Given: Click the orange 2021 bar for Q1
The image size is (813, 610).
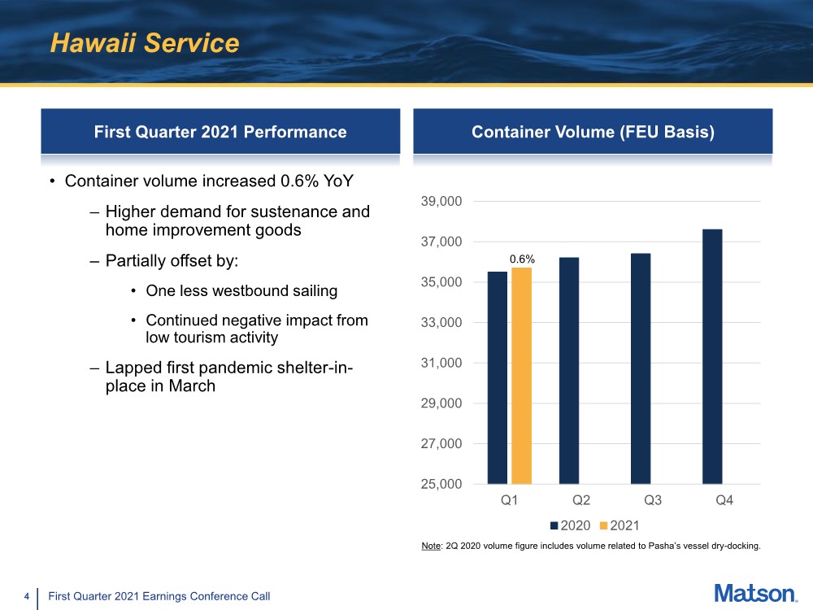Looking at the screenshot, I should [x=521, y=376].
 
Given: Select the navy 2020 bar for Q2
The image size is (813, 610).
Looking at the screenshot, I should [x=569, y=371].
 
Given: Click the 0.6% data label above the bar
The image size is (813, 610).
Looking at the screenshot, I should [x=522, y=259].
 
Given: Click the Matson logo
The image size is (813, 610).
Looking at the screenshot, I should [x=756, y=594].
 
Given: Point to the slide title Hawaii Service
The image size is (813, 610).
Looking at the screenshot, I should [x=145, y=43].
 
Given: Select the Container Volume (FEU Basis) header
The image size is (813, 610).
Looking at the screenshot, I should [x=593, y=132].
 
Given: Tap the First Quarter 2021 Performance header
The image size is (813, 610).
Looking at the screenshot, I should [x=220, y=132].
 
